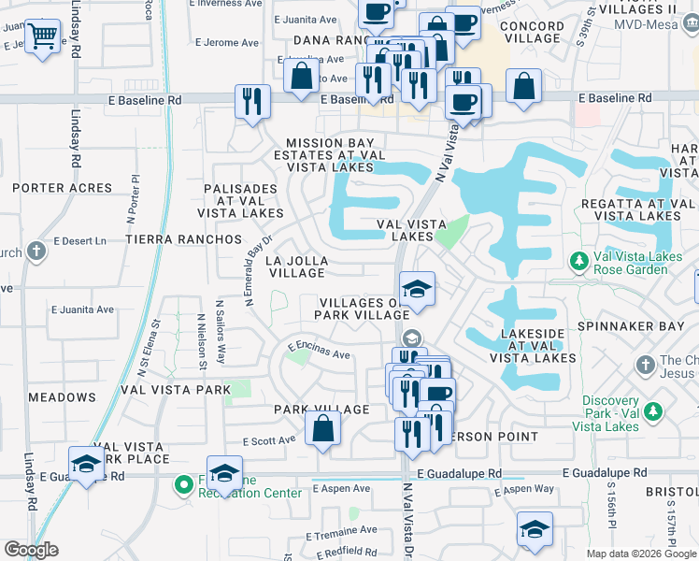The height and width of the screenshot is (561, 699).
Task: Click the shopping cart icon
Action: pos(42,38)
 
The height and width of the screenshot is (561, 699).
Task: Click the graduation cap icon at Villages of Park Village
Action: pos(417,289)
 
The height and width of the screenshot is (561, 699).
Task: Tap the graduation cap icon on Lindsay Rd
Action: pos(87,465)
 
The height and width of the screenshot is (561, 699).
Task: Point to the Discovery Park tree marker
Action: pos(655,410)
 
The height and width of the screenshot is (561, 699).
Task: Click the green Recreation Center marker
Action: pos(183,483)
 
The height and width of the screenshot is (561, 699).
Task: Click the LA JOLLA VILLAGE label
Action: pos(296,266)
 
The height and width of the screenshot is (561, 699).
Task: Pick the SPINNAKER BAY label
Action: pos(644,327)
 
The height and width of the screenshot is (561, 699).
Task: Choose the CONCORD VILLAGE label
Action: pos(532,34)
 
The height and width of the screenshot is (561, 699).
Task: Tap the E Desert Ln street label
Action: pos(80,240)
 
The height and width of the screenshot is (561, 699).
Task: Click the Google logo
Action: pos(32,550)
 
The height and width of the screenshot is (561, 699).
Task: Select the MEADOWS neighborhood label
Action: pos(62,397)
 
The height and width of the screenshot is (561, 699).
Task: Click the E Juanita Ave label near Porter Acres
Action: pos(82,309)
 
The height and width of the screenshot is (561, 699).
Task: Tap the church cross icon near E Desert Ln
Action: pos(36,251)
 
